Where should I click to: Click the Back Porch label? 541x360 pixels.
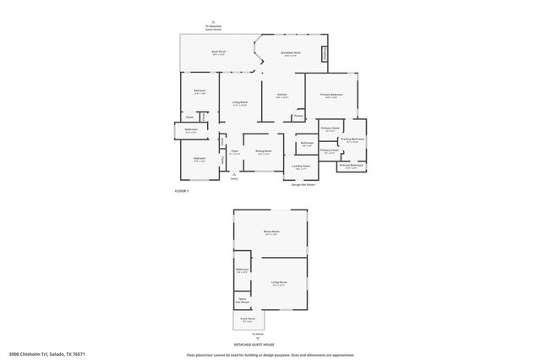click(x=218, y=53)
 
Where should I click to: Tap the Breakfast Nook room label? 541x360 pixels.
click(x=290, y=53)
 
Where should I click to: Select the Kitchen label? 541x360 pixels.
click(x=282, y=95)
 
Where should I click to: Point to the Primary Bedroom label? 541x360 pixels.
click(x=331, y=95)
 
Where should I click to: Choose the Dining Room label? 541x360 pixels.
click(x=264, y=151)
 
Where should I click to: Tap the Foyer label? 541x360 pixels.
click(x=235, y=152)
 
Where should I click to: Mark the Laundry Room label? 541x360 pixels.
click(x=302, y=166)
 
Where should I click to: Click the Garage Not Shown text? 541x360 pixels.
click(x=303, y=183)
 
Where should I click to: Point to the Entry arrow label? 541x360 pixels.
click(x=234, y=178)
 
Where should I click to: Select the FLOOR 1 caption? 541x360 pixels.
click(x=182, y=192)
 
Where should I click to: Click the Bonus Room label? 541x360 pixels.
click(x=271, y=231)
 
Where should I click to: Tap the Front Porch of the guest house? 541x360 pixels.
click(x=249, y=320)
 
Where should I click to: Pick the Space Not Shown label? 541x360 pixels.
click(x=242, y=300)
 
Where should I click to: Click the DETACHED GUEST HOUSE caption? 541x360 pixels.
click(x=270, y=344)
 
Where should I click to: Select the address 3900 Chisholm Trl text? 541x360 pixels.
click(x=47, y=354)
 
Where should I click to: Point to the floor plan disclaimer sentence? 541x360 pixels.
click(x=270, y=354)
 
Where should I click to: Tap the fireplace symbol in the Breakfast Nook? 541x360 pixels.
click(x=325, y=54)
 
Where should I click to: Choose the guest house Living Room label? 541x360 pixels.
click(x=279, y=282)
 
